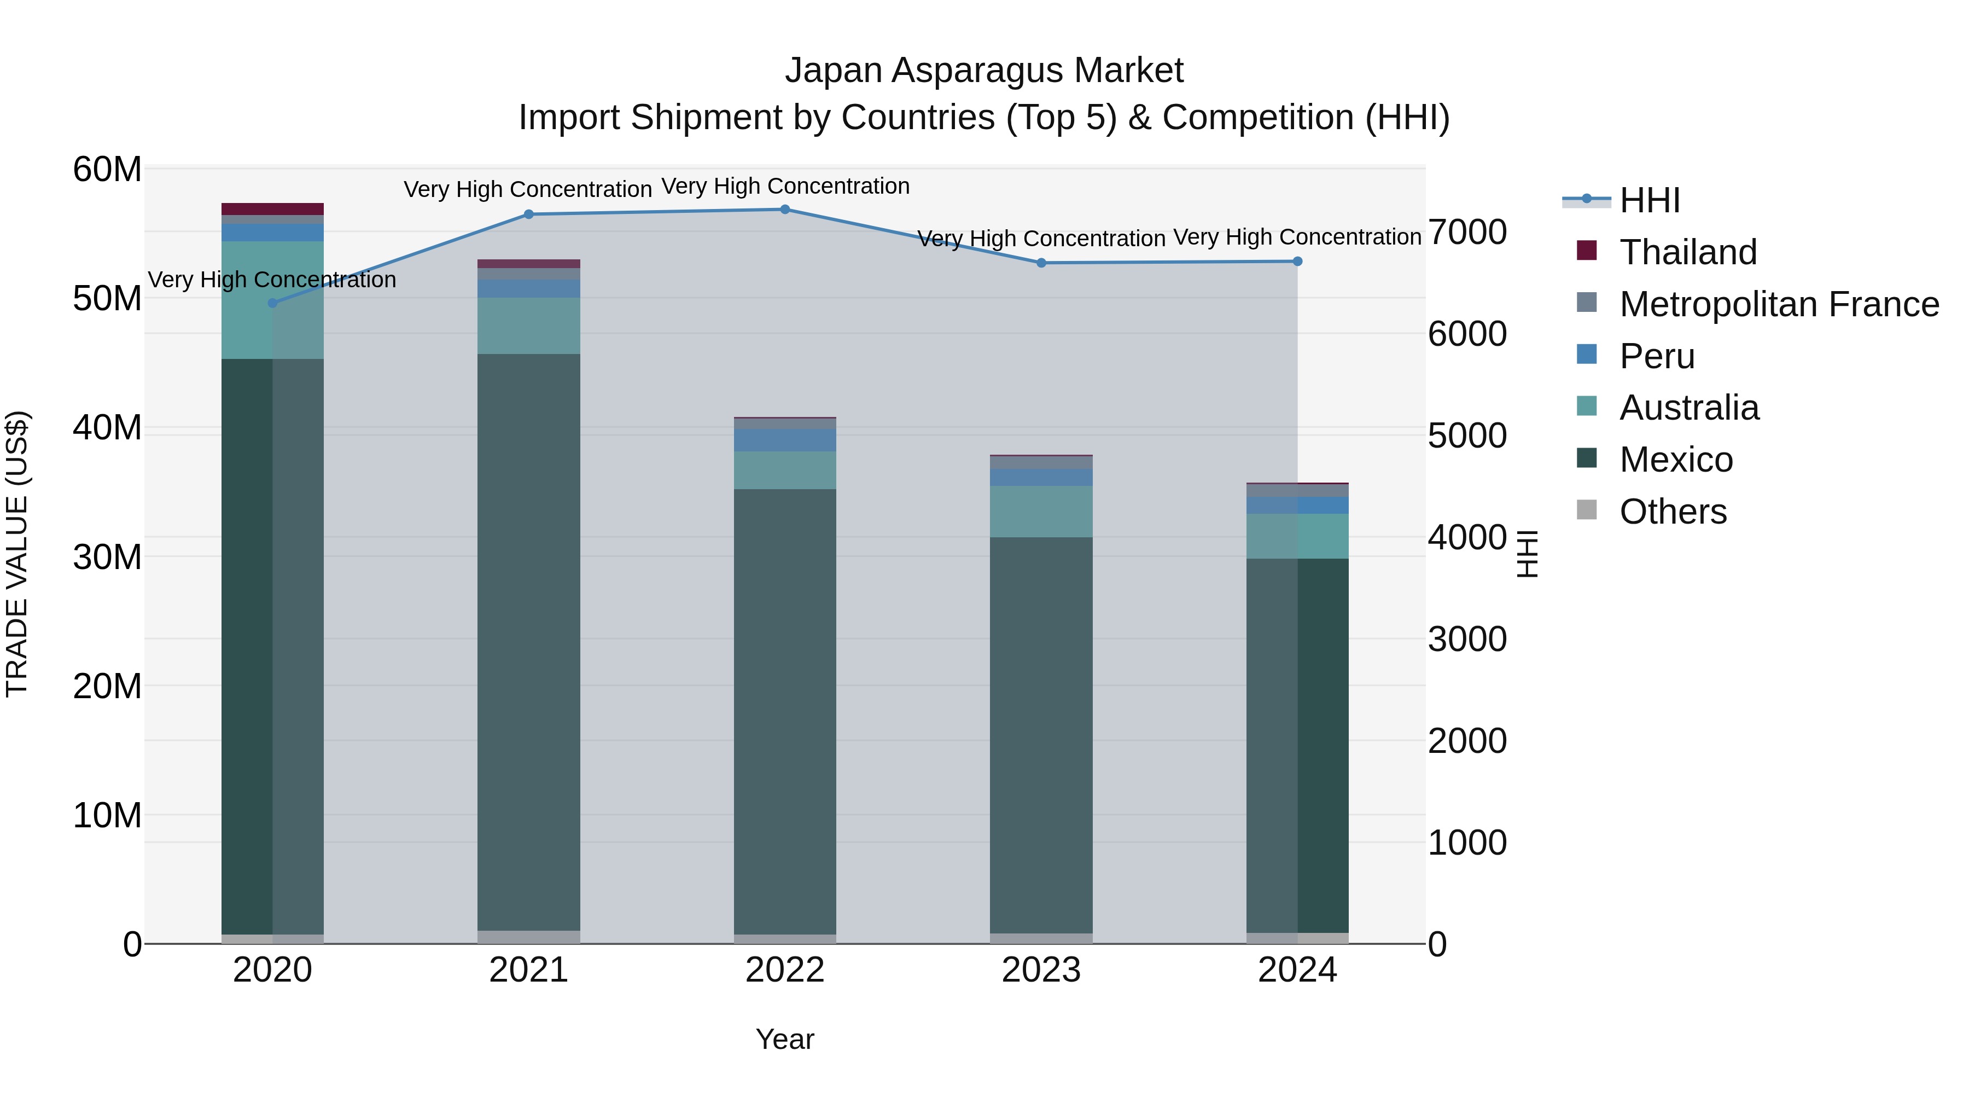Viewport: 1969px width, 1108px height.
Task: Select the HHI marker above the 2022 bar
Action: point(785,210)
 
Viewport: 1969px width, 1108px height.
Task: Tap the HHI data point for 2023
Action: point(1041,263)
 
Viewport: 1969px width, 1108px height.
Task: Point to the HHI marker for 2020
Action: point(273,303)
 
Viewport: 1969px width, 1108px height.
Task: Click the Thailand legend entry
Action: point(1688,252)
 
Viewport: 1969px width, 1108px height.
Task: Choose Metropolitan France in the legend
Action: point(1779,304)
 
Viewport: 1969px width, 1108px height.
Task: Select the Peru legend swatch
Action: point(1587,355)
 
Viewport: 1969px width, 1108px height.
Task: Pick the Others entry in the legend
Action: point(1673,512)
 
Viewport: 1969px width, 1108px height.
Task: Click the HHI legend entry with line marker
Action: point(1650,200)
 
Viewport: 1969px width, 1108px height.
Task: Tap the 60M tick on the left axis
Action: point(107,169)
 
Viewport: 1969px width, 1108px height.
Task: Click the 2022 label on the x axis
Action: point(785,970)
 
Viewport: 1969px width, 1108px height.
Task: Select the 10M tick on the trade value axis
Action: point(107,815)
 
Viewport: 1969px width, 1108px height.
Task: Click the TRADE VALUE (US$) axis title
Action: point(17,554)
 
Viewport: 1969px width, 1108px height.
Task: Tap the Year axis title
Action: point(785,1039)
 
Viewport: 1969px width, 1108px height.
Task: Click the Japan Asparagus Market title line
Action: point(984,71)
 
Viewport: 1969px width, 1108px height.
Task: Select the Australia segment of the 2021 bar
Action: point(528,326)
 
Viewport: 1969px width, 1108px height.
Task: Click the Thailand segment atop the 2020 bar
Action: point(273,209)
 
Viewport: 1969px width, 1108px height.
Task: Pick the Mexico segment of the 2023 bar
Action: point(1041,734)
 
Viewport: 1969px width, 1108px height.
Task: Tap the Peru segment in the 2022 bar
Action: point(785,440)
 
